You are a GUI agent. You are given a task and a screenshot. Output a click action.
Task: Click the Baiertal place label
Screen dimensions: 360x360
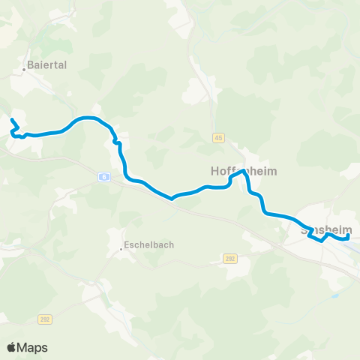click(x=48, y=65)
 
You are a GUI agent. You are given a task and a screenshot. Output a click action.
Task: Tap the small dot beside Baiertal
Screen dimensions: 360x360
click(x=25, y=69)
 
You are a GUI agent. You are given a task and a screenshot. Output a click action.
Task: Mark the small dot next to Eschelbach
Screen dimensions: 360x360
click(x=121, y=249)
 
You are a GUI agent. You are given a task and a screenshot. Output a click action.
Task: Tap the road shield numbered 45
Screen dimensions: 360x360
click(x=218, y=138)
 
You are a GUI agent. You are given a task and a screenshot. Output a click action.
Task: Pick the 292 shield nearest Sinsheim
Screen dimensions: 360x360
click(x=230, y=258)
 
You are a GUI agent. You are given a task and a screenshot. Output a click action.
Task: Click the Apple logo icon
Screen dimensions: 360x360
click(x=11, y=347)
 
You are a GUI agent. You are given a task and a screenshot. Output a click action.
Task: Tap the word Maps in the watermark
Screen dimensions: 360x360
click(x=33, y=347)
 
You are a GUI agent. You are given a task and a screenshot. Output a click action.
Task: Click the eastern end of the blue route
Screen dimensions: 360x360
click(x=347, y=237)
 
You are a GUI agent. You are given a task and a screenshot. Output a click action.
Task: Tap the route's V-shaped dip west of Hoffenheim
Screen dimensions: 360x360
click(x=172, y=199)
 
